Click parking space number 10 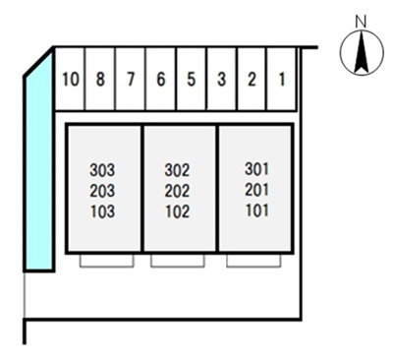(x=70, y=79)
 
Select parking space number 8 (x=100, y=79)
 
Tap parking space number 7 (x=131, y=79)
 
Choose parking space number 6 (x=161, y=79)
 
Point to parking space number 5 (x=192, y=79)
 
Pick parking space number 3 (x=222, y=79)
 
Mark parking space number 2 (x=252, y=79)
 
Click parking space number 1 (x=281, y=79)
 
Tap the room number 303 (x=102, y=170)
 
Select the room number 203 (x=102, y=191)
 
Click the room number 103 (x=102, y=211)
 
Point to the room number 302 (x=177, y=170)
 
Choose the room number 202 (x=177, y=191)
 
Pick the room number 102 (x=177, y=211)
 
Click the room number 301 (x=257, y=169)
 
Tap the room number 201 (x=257, y=190)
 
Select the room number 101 (x=257, y=210)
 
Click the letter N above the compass (x=361, y=22)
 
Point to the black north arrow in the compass (x=362, y=52)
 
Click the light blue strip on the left (x=39, y=164)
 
